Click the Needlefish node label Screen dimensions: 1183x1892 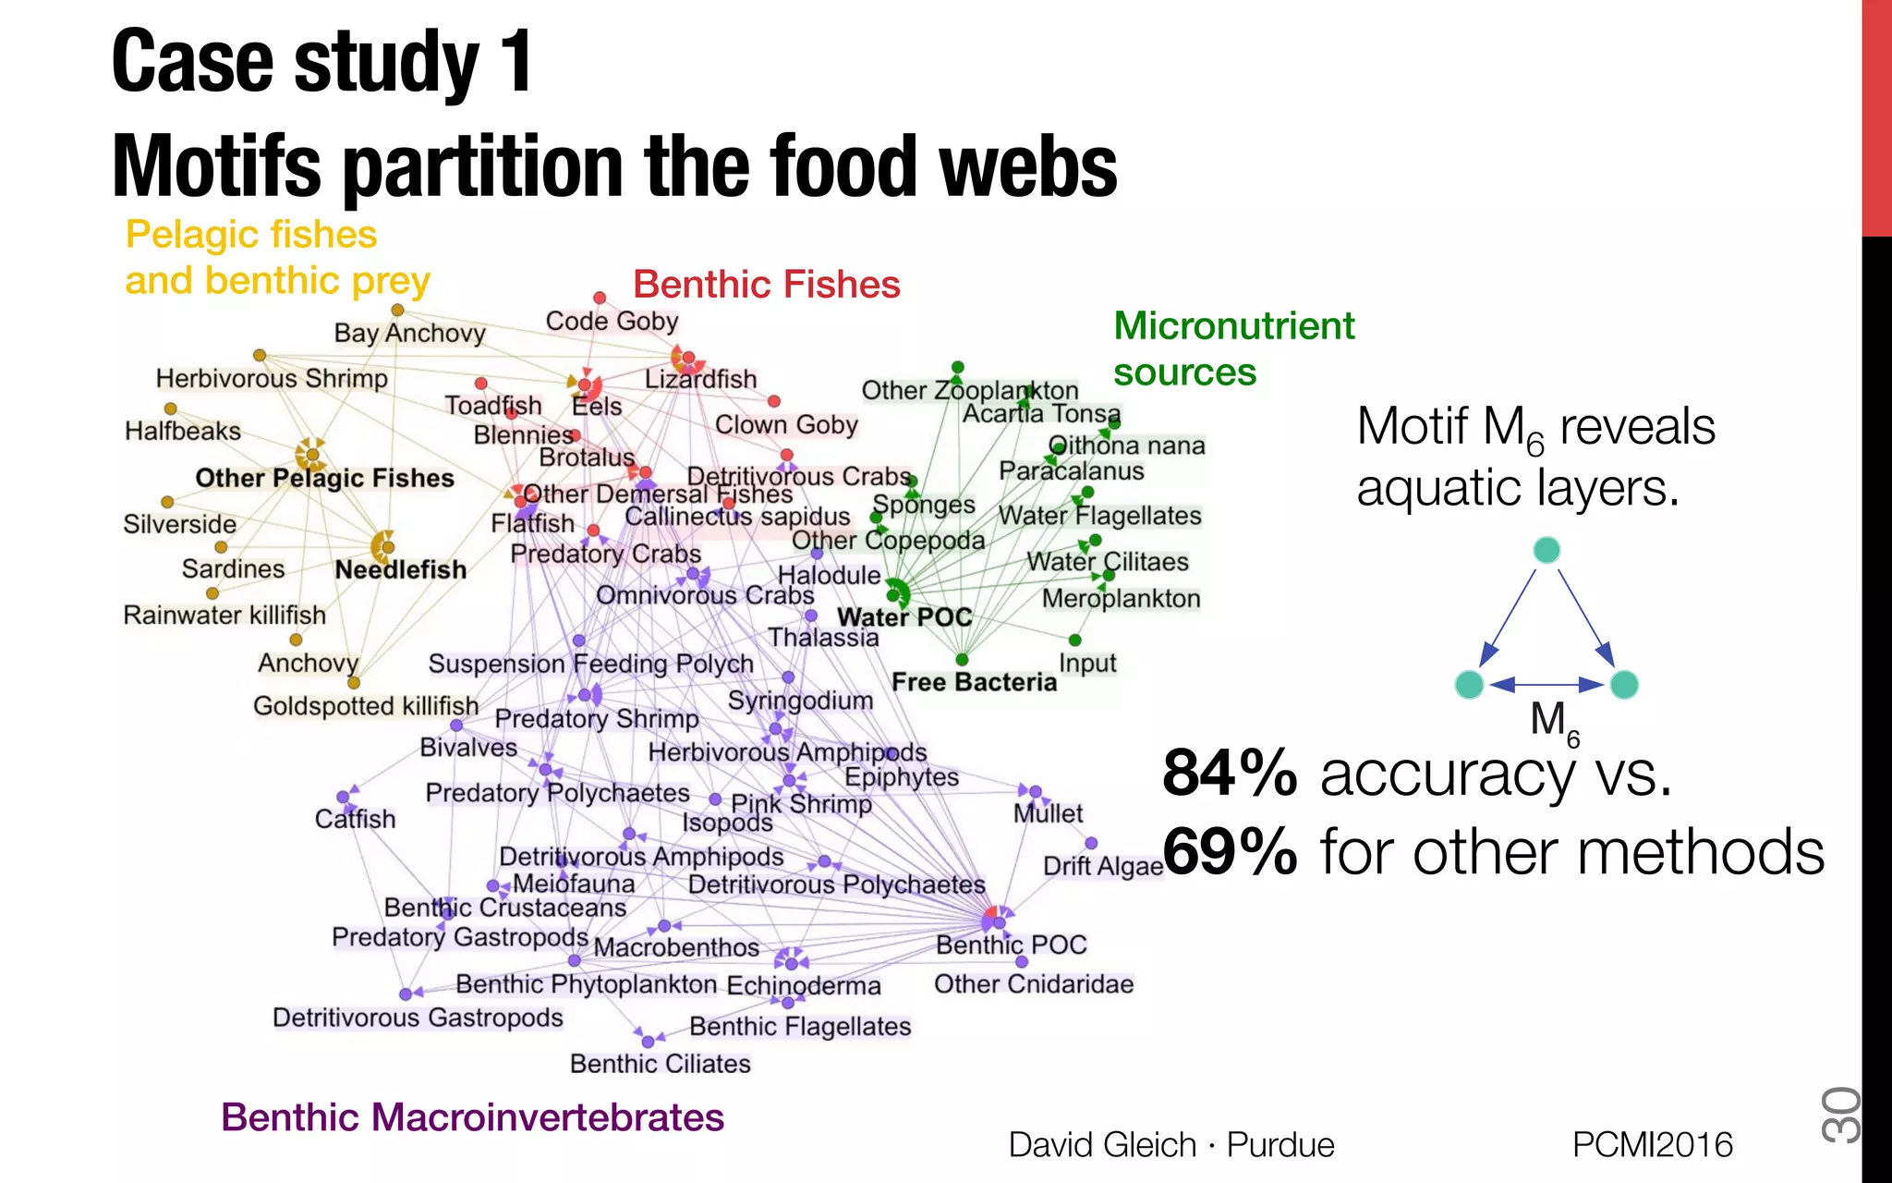[x=400, y=569]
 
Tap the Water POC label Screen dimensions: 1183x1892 [x=904, y=616]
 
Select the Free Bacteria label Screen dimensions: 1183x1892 [x=974, y=682]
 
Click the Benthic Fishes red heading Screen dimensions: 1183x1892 [x=766, y=284]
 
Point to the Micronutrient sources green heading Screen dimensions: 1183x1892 [x=1232, y=348]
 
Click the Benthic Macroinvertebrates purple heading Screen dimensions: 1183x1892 [x=472, y=1116]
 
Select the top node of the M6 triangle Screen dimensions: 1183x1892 [x=1546, y=550]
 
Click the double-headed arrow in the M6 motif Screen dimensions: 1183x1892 [x=1546, y=685]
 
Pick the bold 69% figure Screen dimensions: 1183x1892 [x=1230, y=851]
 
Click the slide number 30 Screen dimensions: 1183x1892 [x=1839, y=1115]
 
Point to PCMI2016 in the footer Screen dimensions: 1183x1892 [x=1652, y=1144]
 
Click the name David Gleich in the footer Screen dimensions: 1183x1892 [x=1101, y=1144]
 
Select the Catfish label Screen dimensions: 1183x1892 [x=355, y=819]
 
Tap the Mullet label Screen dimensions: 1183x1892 [x=1048, y=813]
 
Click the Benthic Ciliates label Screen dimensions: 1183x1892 [x=660, y=1064]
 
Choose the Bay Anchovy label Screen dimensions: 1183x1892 [x=409, y=333]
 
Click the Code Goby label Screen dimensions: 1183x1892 [x=612, y=321]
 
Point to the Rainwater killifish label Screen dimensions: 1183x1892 [x=224, y=615]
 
